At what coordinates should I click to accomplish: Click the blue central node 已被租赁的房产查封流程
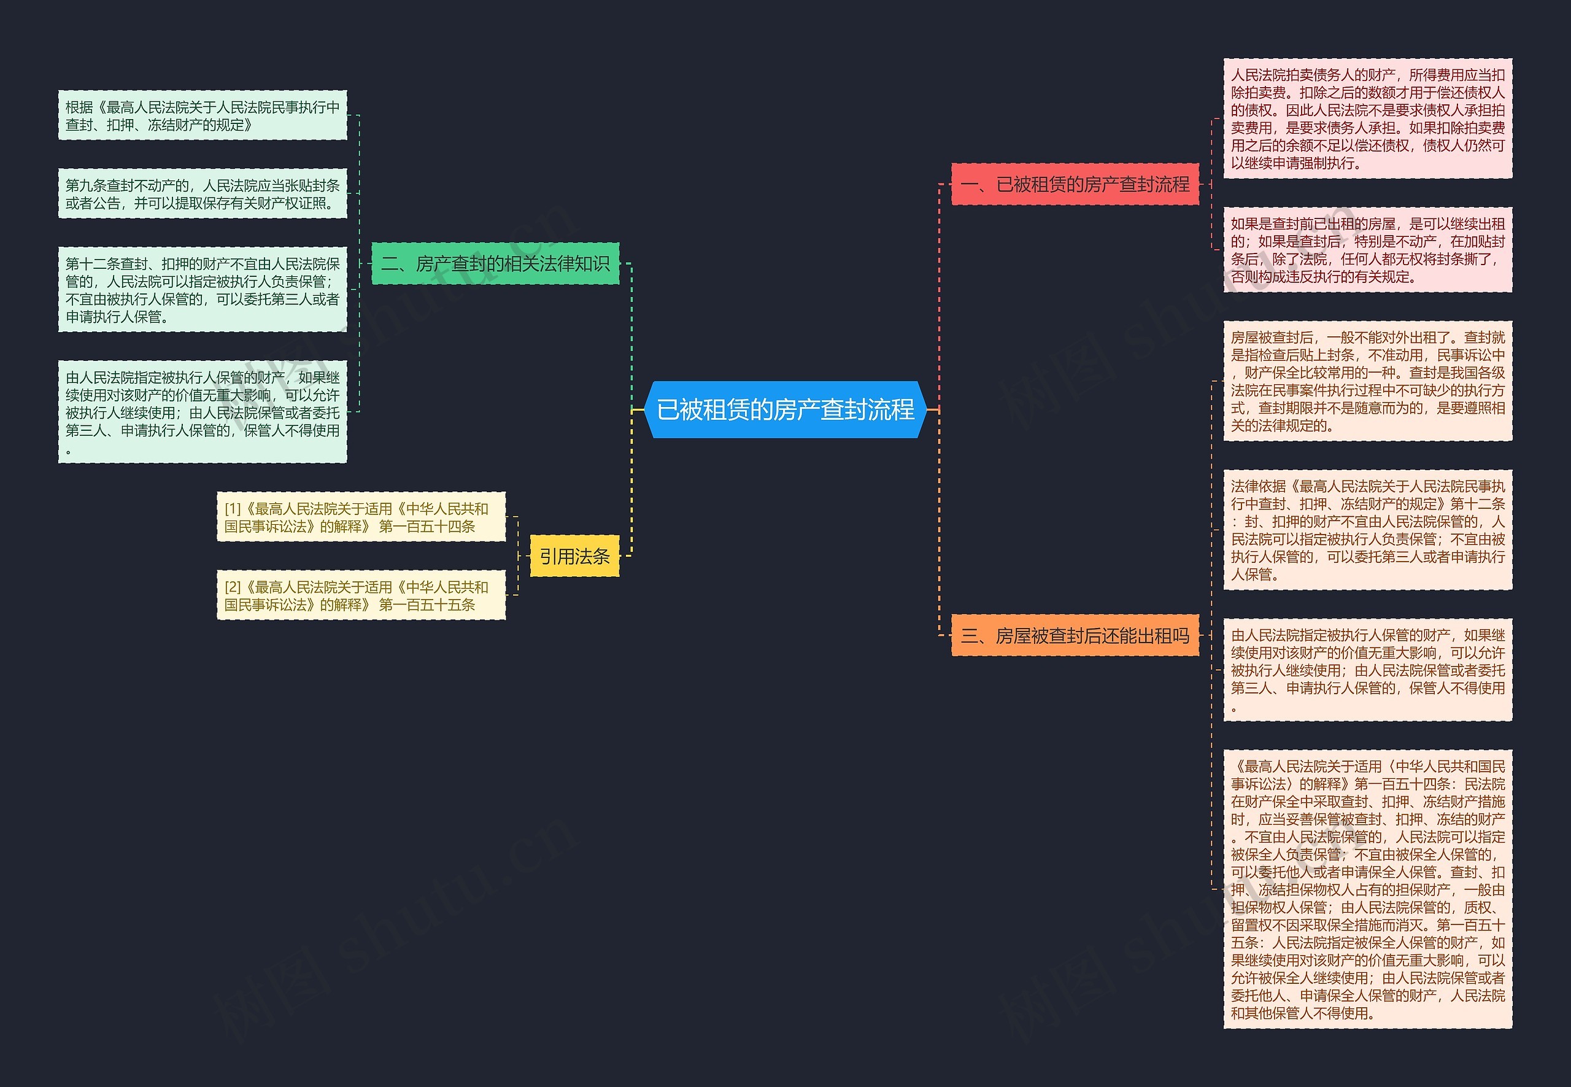coord(785,409)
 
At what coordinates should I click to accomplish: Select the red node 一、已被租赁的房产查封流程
coord(1075,184)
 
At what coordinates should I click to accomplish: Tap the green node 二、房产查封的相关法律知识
coord(495,263)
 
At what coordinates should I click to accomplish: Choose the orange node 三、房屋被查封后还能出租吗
coord(1075,635)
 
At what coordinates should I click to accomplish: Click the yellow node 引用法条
coord(574,557)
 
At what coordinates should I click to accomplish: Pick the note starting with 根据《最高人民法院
coord(203,115)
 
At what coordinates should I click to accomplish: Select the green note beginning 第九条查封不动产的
coord(203,193)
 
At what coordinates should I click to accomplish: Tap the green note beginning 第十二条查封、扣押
coord(203,290)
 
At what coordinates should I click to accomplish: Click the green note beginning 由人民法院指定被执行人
coord(203,412)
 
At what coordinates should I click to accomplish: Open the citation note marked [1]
coord(361,517)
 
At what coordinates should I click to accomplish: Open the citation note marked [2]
coord(361,595)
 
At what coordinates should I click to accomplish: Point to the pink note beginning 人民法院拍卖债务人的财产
coord(1367,118)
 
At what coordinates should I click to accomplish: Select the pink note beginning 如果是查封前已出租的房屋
coord(1367,250)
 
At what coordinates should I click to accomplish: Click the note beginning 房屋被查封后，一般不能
coord(1367,381)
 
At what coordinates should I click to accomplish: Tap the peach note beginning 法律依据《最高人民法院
coord(1367,530)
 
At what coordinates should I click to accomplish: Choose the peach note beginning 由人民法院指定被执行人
coord(1367,670)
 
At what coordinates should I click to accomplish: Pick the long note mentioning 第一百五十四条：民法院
coord(1367,889)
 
